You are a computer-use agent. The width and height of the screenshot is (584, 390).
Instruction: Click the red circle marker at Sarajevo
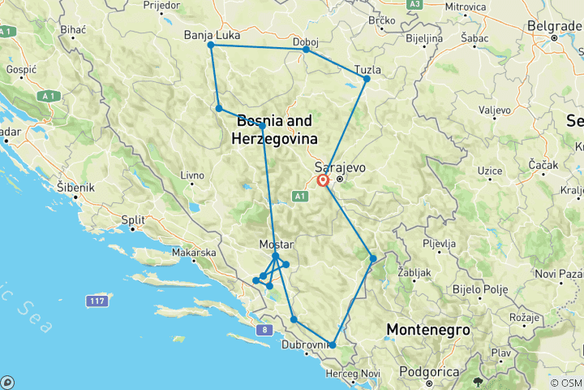tap(323, 181)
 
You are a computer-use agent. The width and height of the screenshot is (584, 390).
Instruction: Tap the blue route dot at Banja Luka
tap(211, 45)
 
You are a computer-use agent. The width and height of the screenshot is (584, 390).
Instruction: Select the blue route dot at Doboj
tap(306, 50)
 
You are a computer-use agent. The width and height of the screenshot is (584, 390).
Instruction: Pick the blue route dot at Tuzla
tap(367, 78)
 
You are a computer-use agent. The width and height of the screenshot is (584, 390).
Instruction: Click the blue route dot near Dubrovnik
tap(332, 344)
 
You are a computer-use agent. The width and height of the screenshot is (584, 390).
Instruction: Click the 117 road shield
tap(98, 301)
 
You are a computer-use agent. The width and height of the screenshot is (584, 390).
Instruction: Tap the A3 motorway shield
tap(414, 4)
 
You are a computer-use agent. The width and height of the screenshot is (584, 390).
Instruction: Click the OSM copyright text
tap(566, 383)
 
